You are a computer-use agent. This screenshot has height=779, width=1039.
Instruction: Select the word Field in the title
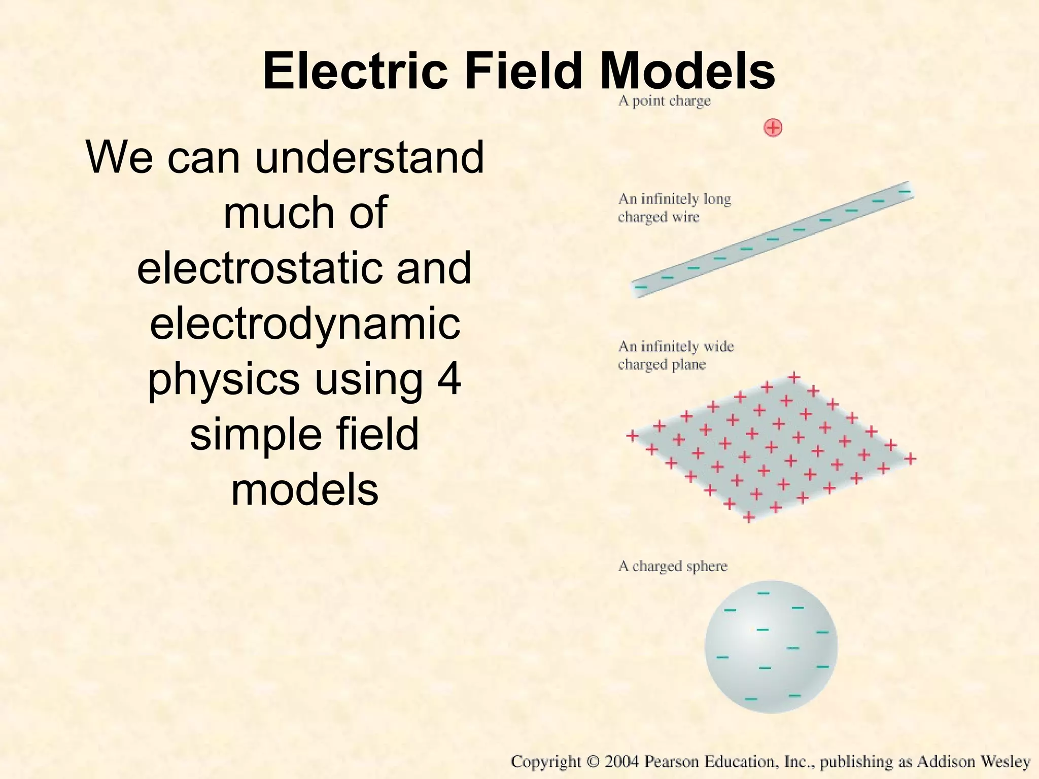(x=523, y=72)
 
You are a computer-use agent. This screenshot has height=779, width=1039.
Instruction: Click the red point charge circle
(x=773, y=128)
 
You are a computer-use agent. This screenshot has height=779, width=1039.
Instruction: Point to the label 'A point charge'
(x=664, y=101)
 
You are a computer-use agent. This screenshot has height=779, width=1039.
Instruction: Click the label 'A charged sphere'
(x=673, y=566)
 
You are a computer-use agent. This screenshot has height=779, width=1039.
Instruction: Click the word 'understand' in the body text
(x=369, y=157)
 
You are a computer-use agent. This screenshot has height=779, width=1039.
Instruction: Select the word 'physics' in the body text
(x=223, y=380)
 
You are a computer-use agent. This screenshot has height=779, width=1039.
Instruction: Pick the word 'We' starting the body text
(x=119, y=157)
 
